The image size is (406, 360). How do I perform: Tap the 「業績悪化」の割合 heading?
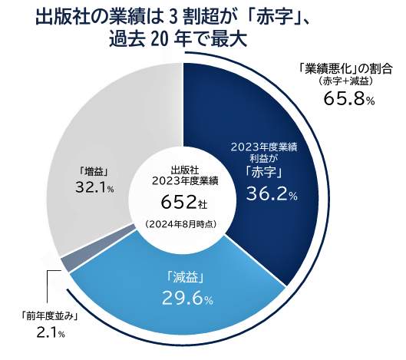click(345, 67)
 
